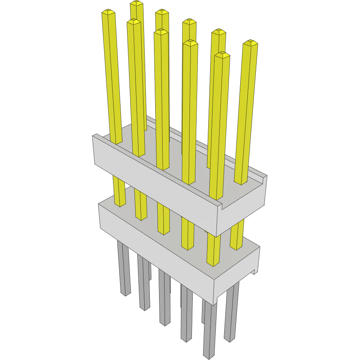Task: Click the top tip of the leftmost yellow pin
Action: (x=108, y=13)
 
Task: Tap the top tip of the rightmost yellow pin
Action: (x=250, y=42)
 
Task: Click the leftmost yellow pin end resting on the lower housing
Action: (x=120, y=204)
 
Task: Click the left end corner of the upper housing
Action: (x=94, y=137)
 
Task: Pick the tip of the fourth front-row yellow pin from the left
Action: (x=190, y=43)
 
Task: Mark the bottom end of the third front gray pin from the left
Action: (x=165, y=323)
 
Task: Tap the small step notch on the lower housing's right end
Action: (x=255, y=271)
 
